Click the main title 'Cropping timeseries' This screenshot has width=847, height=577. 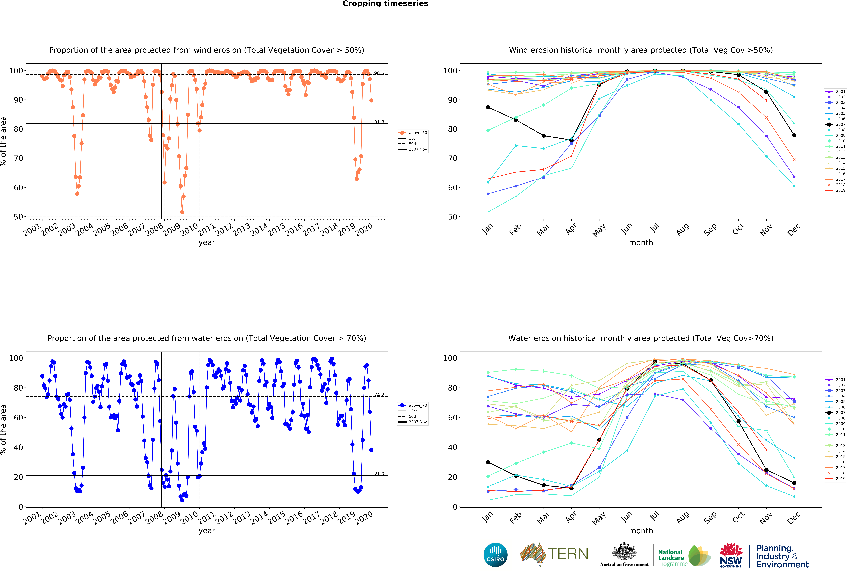[x=385, y=4]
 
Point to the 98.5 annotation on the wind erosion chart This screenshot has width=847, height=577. [x=379, y=73]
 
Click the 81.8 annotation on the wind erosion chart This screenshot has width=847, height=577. [x=379, y=122]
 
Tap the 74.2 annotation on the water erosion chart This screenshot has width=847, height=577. [x=379, y=395]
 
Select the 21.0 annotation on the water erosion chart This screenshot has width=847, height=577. [x=379, y=474]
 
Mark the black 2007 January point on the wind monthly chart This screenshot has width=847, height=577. [x=488, y=107]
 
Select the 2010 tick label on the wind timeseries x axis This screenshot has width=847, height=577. [x=189, y=230]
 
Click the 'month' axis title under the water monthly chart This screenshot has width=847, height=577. [x=641, y=531]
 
